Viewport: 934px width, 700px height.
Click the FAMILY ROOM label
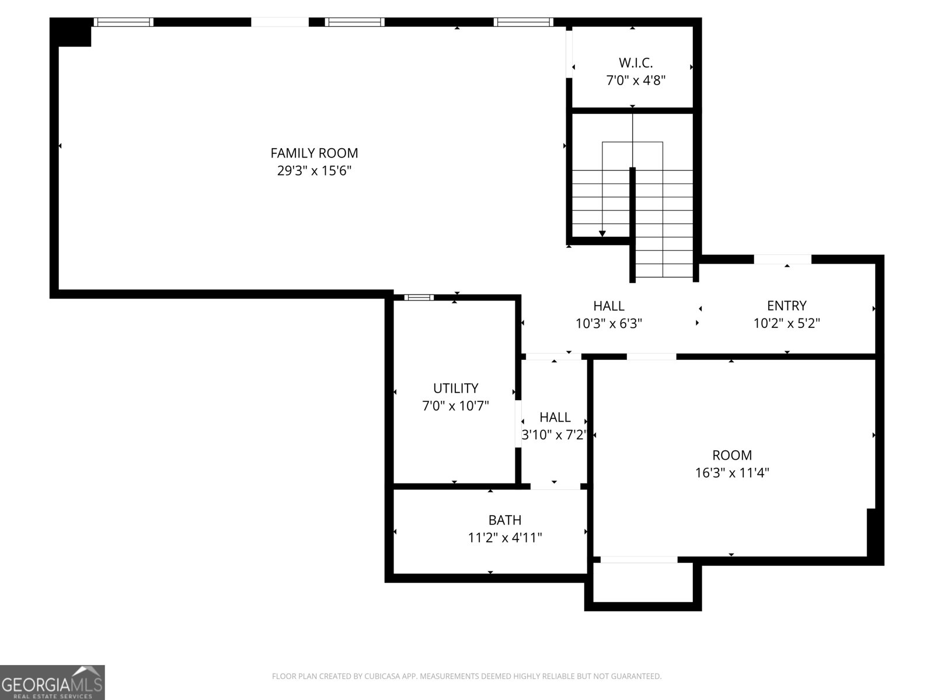(314, 153)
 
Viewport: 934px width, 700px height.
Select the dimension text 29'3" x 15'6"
(314, 171)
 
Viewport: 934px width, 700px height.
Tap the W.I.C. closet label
(636, 62)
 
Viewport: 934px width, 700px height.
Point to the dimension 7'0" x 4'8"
(636, 80)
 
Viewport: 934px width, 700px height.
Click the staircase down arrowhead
(602, 233)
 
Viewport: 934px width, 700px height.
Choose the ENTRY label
(786, 305)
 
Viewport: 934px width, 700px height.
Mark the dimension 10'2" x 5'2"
(786, 323)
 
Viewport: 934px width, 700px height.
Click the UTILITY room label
(455, 388)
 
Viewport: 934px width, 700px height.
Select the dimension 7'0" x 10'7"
(455, 406)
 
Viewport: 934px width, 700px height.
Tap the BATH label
(505, 520)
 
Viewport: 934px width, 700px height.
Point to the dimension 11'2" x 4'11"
(505, 538)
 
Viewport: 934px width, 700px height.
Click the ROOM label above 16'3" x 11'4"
(732, 455)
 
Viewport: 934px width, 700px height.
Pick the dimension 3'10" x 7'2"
(555, 435)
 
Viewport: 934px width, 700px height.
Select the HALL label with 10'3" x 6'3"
(609, 305)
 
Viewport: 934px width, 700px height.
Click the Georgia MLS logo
(53, 682)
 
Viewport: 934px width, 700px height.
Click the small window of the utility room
(419, 297)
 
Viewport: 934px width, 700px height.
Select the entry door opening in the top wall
(782, 259)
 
